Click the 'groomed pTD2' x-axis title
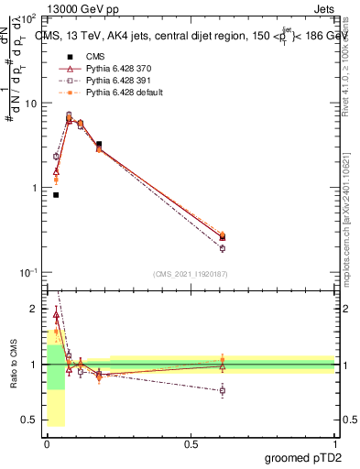pos(304,458)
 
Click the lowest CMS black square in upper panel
pos(56,195)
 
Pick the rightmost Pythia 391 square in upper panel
pos(223,248)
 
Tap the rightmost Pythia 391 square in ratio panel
pos(223,390)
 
